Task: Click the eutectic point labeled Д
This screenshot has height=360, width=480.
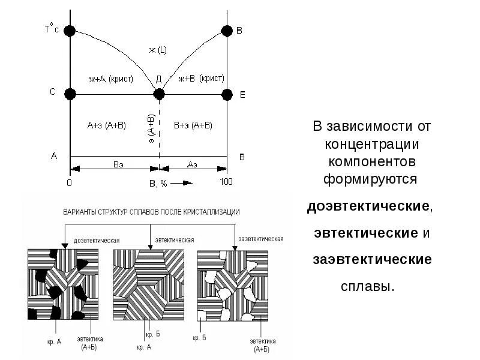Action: pyautogui.click(x=159, y=94)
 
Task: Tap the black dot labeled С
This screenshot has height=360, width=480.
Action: pyautogui.click(x=70, y=94)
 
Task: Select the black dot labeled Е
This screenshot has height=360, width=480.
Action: pyautogui.click(x=227, y=94)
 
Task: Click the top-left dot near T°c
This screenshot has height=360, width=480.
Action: pyautogui.click(x=70, y=31)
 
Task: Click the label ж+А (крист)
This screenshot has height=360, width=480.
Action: pyautogui.click(x=110, y=79)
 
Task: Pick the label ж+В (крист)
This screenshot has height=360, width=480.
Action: pyautogui.click(x=202, y=79)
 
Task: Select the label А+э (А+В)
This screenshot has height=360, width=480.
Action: pyautogui.click(x=106, y=125)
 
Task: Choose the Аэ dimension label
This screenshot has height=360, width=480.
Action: pyautogui.click(x=193, y=164)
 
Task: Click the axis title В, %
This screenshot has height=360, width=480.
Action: pyautogui.click(x=158, y=183)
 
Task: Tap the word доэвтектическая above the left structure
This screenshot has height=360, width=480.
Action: pyautogui.click(x=96, y=240)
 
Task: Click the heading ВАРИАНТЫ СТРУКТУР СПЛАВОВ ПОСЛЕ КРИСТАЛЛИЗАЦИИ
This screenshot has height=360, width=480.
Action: pyautogui.click(x=152, y=212)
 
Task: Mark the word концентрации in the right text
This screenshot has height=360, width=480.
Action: pyautogui.click(x=371, y=145)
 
